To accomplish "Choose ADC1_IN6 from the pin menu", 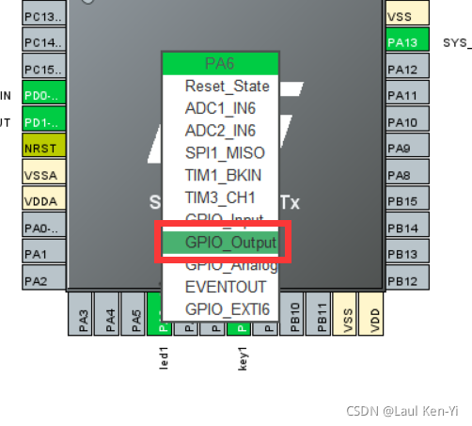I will click(220, 107).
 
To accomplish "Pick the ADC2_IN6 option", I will click(220, 130).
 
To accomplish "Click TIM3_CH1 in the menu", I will click(220, 197).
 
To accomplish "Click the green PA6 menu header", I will click(220, 63).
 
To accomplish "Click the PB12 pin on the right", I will click(407, 281).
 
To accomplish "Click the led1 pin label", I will click(164, 357).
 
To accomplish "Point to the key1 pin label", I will click(242, 357).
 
